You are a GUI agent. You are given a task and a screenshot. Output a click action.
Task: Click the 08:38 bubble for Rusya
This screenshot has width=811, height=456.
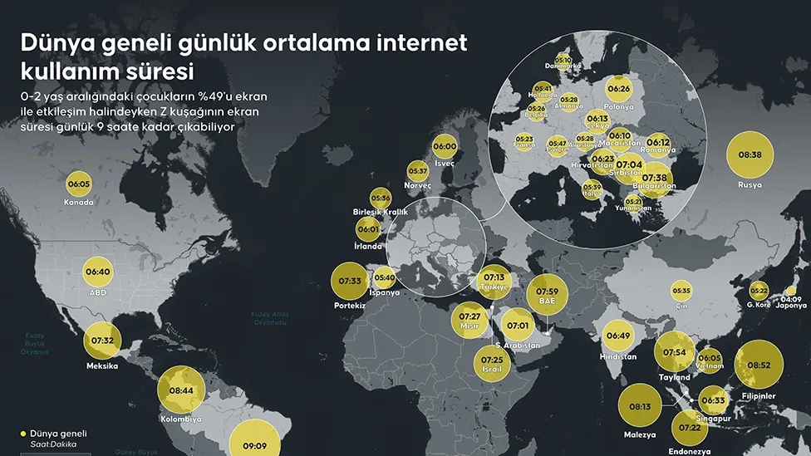[750, 155]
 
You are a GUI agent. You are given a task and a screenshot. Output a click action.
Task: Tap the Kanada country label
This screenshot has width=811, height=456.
[79, 202]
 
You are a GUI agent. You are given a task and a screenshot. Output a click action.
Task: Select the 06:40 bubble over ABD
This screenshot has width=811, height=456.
[98, 272]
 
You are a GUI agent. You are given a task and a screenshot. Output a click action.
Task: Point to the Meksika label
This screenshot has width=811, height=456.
[101, 365]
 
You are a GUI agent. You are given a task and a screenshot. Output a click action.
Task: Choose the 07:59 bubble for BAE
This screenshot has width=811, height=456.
[546, 292]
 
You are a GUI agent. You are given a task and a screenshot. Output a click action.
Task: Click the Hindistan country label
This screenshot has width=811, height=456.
[617, 356]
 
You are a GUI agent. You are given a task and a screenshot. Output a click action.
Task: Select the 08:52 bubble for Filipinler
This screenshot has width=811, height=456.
[759, 365]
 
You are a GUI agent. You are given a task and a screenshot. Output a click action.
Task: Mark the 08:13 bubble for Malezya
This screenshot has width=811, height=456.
[640, 406]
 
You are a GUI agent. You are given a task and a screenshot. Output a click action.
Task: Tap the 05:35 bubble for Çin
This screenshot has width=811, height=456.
[681, 292]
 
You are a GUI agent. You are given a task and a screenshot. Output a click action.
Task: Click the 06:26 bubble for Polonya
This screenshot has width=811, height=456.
[619, 88]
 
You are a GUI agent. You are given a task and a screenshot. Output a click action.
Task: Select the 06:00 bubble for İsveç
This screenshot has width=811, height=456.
[445, 147]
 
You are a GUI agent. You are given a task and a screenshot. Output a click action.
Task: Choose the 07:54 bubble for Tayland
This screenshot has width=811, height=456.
[674, 353]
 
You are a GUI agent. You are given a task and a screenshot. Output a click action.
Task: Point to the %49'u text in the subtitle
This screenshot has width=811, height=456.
[220, 96]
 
